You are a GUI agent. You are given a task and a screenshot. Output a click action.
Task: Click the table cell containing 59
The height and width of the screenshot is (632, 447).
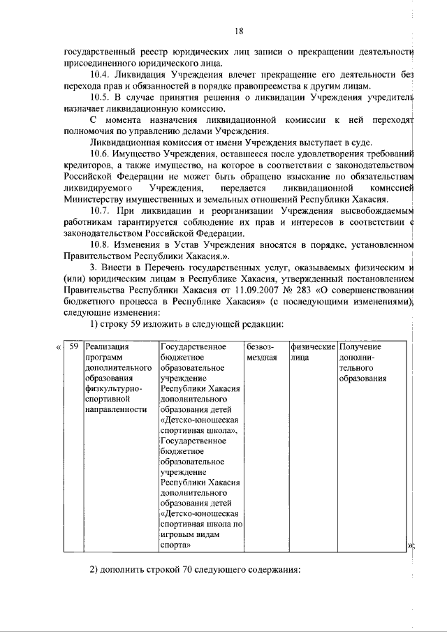click(x=72, y=346)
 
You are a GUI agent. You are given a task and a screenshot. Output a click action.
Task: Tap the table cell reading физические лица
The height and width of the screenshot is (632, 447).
click(x=313, y=351)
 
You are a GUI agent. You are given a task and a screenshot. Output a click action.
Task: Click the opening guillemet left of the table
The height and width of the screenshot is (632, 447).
click(x=58, y=346)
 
